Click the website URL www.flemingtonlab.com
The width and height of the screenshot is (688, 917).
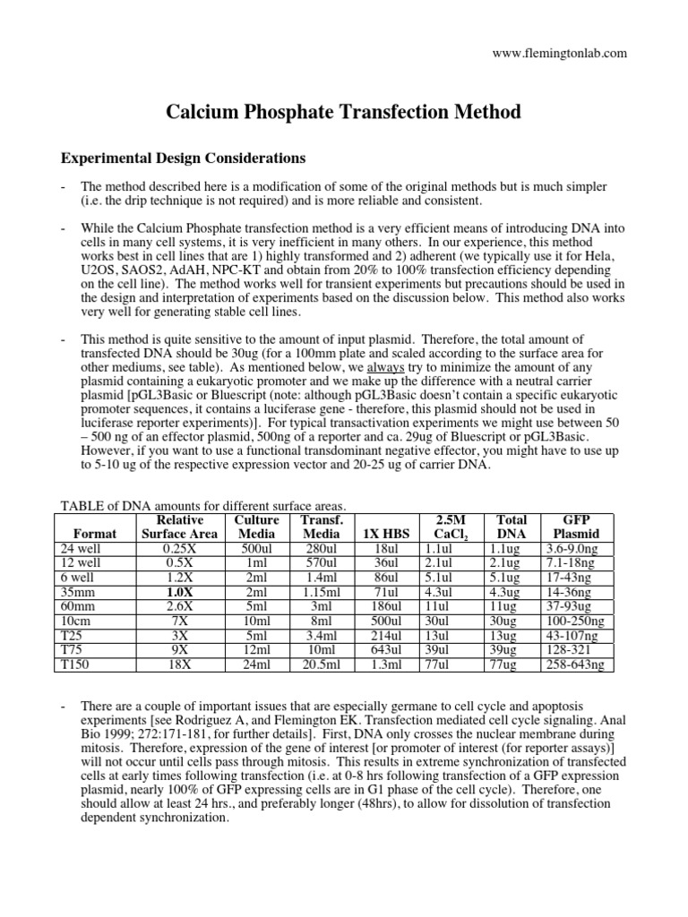(x=561, y=53)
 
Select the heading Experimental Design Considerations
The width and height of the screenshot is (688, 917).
(x=183, y=159)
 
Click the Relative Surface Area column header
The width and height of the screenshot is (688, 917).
(x=179, y=527)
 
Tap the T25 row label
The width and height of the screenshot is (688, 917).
(x=71, y=636)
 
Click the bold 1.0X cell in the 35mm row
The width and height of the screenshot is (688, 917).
(x=179, y=593)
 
